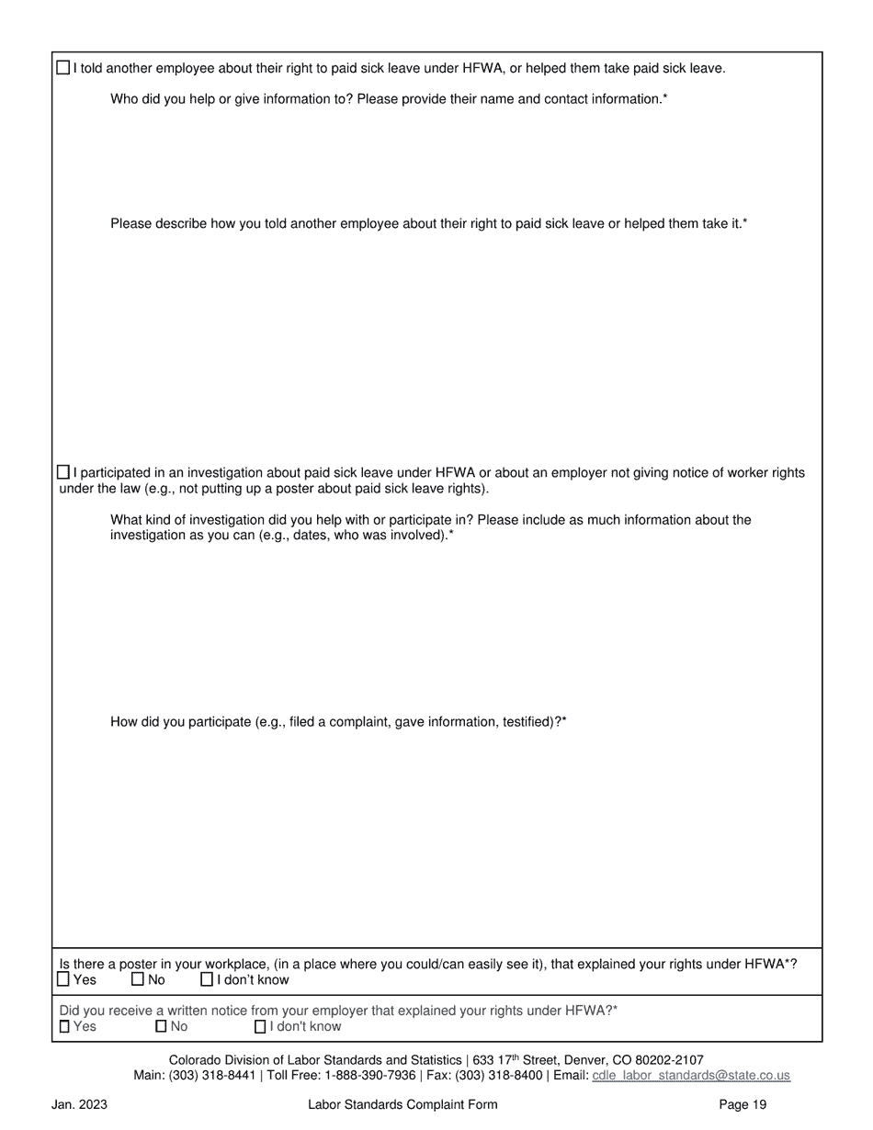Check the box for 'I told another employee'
62,67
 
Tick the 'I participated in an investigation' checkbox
62,472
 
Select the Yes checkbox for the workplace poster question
63,979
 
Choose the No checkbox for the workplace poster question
138,979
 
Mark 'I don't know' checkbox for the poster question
207,979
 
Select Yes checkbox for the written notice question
64,1026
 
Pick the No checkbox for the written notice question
161,1026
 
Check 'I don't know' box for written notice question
260,1026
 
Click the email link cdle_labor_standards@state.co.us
691,1075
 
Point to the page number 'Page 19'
743,1104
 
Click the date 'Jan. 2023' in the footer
79,1104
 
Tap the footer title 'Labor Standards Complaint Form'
402,1104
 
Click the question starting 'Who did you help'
389,98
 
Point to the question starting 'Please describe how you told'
429,223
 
